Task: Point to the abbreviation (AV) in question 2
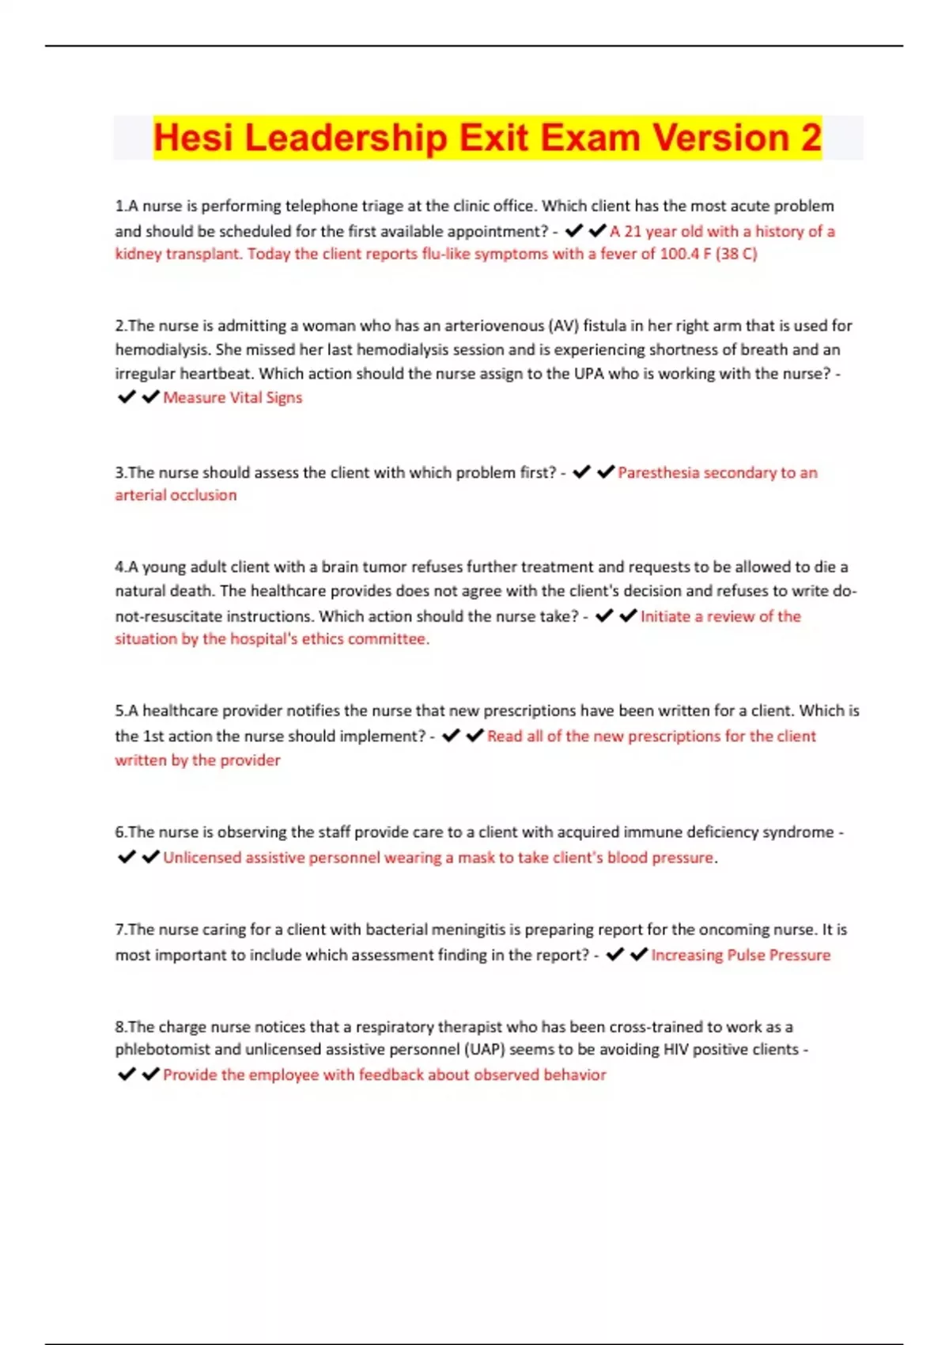point(563,325)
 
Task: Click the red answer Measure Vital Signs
point(233,397)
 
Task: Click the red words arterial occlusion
point(176,495)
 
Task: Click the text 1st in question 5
point(153,736)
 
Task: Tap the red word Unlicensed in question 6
point(202,858)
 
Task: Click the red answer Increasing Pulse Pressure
point(740,955)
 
